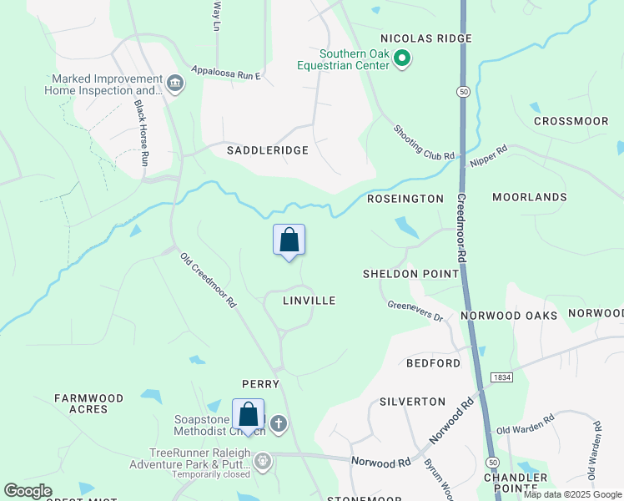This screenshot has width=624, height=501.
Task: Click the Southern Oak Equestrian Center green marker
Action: [402, 58]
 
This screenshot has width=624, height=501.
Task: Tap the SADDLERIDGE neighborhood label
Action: [268, 150]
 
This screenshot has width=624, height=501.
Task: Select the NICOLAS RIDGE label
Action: [426, 38]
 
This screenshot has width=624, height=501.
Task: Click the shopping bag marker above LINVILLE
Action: [289, 240]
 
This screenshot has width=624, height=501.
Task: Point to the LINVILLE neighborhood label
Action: [309, 301]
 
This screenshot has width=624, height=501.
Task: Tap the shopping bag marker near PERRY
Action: [248, 415]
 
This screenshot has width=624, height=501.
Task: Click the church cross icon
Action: [279, 424]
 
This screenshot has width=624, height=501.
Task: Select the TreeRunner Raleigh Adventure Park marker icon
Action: [263, 460]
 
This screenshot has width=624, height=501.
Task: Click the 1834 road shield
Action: [501, 378]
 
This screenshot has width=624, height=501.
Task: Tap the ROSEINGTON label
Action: [405, 199]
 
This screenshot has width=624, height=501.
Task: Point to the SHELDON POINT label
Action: [410, 274]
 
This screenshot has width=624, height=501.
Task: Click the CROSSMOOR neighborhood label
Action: [571, 121]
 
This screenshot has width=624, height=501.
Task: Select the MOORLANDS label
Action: [529, 197]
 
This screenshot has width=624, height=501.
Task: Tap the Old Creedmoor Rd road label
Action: [209, 281]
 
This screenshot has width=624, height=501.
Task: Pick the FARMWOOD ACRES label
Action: [88, 404]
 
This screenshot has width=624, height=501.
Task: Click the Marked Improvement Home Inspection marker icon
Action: [175, 83]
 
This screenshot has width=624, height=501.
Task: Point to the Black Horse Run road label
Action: [142, 133]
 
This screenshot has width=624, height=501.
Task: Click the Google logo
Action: [28, 492]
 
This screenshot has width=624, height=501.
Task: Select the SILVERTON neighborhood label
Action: [412, 402]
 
